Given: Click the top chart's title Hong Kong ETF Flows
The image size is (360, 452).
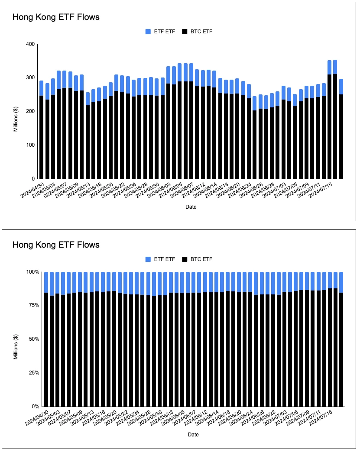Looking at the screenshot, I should (x=56, y=17).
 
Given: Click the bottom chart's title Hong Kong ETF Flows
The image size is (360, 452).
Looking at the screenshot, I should (x=56, y=245).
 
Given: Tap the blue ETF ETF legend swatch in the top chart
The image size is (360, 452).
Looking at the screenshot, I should (x=148, y=32).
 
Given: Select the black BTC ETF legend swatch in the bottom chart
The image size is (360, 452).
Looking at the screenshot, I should (x=185, y=259).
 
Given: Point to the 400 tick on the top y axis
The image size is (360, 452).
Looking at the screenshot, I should (x=30, y=44).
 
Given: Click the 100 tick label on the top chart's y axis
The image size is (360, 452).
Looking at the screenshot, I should (x=30, y=145).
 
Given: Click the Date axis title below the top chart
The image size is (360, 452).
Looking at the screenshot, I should (x=191, y=207).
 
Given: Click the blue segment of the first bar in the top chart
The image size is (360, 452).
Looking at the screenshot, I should (x=41, y=88).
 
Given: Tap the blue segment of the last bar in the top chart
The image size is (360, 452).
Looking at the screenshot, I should (x=341, y=87).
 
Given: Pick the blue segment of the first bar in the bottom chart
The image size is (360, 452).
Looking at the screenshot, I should (x=46, y=282).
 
